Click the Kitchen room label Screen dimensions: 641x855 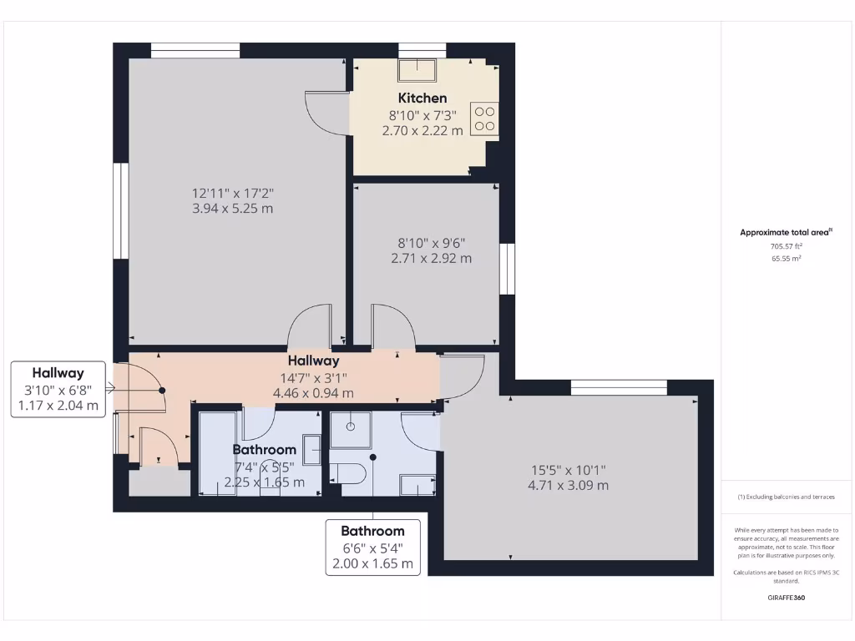point(422,98)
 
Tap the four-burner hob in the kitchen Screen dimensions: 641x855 point(484,118)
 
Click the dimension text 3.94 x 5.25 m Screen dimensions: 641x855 point(232,209)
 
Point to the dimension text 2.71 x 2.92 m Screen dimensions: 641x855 point(431,259)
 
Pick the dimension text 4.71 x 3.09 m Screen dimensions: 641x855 point(568,485)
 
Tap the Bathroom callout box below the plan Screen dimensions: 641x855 point(372,547)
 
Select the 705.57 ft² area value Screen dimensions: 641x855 point(786,246)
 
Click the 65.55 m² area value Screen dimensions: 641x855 point(786,259)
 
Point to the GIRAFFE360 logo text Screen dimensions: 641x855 point(786,598)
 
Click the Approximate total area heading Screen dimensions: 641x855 point(786,233)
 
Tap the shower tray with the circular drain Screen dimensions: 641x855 point(350,429)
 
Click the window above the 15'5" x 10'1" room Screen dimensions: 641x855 point(619,387)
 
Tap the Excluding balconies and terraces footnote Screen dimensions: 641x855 point(786,497)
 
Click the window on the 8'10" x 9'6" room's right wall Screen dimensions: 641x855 point(506,269)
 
